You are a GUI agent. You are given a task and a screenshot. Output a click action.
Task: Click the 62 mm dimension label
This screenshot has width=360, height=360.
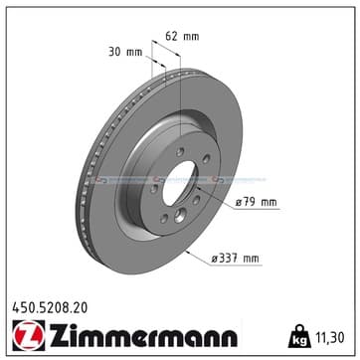click(182, 36)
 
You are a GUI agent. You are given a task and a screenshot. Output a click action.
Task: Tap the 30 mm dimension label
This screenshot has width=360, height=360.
click(125, 52)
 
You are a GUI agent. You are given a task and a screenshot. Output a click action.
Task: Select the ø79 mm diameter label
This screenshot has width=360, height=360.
click(256, 202)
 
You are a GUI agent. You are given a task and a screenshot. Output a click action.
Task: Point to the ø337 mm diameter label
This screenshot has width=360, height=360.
click(236, 259)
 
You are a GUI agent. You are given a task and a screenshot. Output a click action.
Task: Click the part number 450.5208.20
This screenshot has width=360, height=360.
click(50, 308)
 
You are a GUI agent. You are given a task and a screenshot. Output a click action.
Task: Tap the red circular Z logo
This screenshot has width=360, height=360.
click(29, 335)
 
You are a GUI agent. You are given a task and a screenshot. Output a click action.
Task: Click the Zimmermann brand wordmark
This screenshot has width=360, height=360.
click(143, 335)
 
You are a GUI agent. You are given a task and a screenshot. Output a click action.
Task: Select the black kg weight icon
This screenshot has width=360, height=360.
click(298, 337)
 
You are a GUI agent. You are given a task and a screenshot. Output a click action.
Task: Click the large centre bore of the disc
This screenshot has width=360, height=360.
click(179, 183)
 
